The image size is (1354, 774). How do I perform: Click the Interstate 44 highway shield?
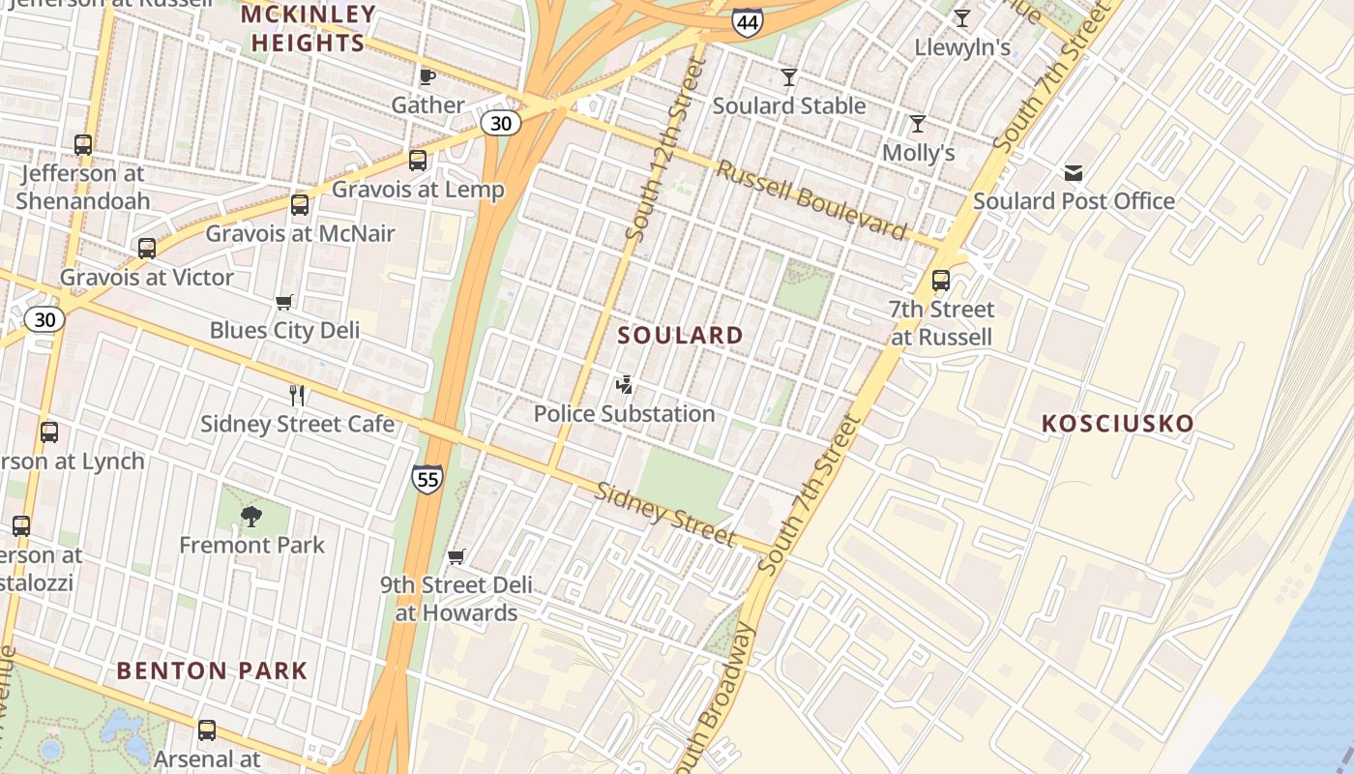(747, 21)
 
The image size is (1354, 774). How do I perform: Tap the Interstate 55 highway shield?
(427, 478)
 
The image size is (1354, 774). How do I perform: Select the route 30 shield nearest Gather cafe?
(501, 123)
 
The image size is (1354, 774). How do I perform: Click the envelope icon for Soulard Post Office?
(1074, 173)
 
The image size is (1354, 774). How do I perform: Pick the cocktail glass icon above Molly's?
(918, 124)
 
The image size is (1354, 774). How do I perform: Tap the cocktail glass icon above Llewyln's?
(961, 18)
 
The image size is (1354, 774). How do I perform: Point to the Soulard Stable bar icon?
(789, 77)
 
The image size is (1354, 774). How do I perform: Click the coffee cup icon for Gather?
(427, 76)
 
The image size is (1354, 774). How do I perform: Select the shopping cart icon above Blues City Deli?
(284, 303)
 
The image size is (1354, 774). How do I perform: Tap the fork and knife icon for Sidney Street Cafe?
(297, 396)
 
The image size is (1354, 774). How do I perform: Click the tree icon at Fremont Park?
(251, 517)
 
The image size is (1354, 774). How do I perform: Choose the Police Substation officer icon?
(625, 385)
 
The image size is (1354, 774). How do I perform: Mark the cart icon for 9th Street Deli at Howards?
(456, 557)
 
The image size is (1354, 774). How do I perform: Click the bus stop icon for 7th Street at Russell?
(941, 282)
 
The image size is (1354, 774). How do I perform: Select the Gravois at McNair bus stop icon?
(300, 205)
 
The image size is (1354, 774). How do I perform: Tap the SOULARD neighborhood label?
(681, 336)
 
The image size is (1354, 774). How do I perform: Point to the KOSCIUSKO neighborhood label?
(1117, 424)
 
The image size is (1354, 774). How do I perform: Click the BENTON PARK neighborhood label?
(212, 670)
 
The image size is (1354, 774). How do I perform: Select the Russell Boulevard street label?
(811, 199)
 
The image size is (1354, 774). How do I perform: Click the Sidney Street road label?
(664, 514)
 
